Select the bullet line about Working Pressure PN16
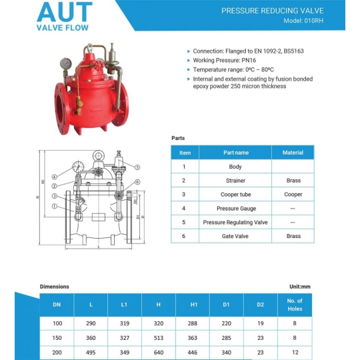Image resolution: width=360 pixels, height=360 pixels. pos(220,60)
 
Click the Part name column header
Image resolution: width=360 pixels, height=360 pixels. pos(235,153)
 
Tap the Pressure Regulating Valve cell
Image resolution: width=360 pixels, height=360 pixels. pos(235,222)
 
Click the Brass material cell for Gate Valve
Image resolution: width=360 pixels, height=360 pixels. pos(293,236)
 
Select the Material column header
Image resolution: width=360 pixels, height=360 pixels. pos(293,153)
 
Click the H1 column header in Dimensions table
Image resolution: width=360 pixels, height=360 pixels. pos(194,305)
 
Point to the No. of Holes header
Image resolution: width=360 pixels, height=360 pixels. pos(295,305)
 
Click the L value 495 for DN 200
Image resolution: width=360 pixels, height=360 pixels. pos(91,351)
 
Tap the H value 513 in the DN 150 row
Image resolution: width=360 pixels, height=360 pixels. pos(159,337)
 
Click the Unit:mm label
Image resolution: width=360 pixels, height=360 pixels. pos(299,287)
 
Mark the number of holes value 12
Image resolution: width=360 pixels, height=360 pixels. pos(295,351)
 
